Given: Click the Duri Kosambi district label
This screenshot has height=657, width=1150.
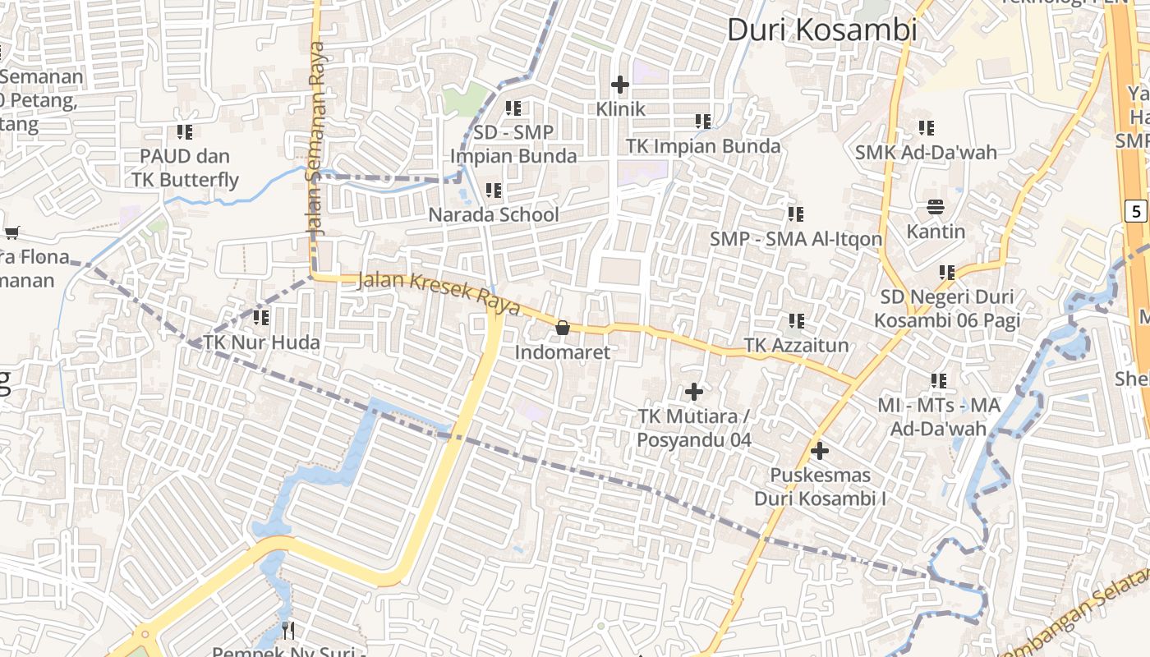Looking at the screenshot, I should click(821, 30).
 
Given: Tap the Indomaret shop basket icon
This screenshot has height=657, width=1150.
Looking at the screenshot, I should click(563, 328).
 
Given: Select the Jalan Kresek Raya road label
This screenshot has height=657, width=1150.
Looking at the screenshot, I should click(439, 292).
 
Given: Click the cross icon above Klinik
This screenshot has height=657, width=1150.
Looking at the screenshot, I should click(620, 85).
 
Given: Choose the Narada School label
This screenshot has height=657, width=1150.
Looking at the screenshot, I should click(493, 215).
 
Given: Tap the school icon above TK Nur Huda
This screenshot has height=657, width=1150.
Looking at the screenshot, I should click(261, 317).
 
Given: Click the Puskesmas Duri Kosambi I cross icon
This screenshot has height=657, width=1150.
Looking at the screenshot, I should click(819, 451).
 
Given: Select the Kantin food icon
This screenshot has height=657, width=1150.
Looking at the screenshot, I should click(936, 206).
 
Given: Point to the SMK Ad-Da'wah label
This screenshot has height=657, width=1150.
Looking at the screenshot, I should click(926, 152).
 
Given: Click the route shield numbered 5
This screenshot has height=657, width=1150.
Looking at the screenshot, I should click(1136, 211).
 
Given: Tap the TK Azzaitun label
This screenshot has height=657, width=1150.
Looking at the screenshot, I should click(796, 345).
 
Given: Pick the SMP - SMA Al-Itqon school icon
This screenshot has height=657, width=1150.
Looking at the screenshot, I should click(796, 214).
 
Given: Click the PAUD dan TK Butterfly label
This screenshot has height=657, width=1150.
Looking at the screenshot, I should click(186, 168).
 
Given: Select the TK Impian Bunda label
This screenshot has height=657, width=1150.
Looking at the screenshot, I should click(703, 146).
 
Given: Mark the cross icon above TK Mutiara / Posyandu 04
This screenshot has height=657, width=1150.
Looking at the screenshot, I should click(694, 392).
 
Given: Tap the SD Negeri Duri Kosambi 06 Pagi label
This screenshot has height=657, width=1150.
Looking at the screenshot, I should click(946, 308).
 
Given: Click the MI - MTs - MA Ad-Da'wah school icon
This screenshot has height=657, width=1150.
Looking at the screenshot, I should click(939, 380).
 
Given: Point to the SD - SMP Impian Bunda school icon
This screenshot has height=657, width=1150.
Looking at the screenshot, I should click(513, 108).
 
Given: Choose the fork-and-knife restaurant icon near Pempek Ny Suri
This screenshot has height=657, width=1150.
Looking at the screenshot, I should click(287, 630).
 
